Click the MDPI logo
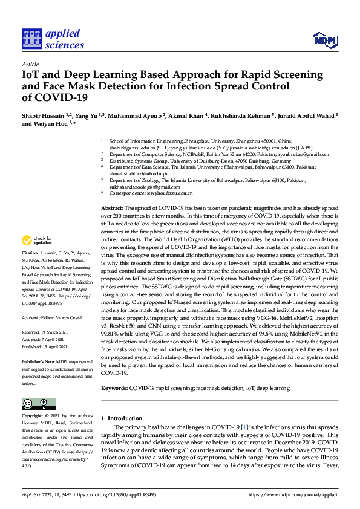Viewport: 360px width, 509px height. pos(324,40)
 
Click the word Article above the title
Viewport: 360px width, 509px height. pos(30,63)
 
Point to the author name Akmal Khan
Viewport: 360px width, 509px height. pos(186,115)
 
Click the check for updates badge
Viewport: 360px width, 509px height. pos(36,240)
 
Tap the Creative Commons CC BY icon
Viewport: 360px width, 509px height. pos(34,403)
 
